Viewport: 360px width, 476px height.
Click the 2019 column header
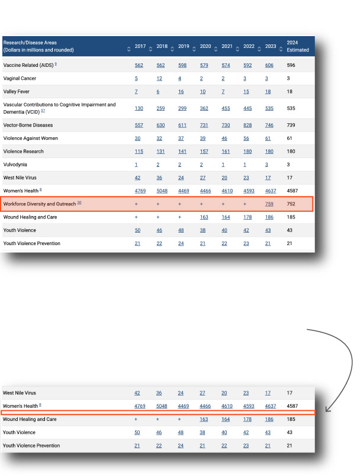click(184, 46)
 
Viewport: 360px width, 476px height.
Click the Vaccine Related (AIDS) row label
click(28, 65)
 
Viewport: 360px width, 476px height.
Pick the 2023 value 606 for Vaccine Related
click(269, 65)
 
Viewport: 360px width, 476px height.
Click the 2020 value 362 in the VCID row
click(205, 109)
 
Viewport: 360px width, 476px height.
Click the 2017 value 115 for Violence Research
click(139, 152)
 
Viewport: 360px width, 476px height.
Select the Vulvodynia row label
click(15, 165)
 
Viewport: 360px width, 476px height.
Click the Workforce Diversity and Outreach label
click(40, 204)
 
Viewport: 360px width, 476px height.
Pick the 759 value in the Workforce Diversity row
click(269, 204)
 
